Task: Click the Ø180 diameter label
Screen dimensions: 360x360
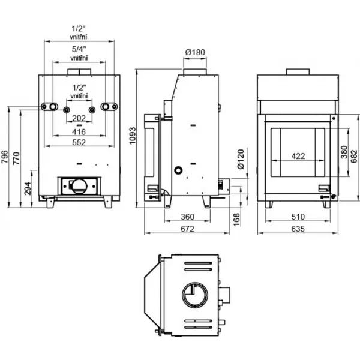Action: (x=195, y=53)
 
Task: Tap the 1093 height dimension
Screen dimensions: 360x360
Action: (x=133, y=137)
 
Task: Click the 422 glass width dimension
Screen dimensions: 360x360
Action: (x=298, y=156)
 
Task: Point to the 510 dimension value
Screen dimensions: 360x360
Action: (x=298, y=217)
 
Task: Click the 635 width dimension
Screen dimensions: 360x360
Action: (x=298, y=229)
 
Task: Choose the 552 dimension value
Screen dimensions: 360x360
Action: (x=79, y=142)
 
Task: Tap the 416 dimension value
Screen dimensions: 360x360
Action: (x=79, y=131)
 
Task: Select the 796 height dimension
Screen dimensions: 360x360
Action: (x=5, y=157)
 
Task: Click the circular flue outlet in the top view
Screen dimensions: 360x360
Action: (x=194, y=293)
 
